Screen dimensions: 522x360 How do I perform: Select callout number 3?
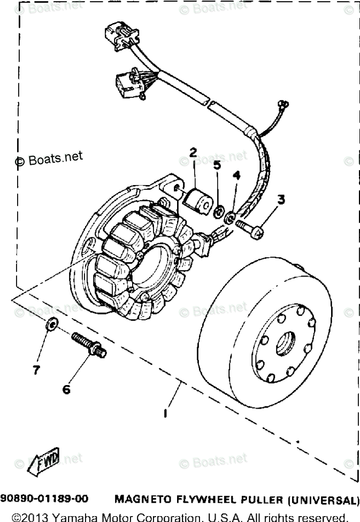point(280,199)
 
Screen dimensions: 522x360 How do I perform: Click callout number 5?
point(217,165)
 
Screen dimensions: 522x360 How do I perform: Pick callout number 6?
point(66,390)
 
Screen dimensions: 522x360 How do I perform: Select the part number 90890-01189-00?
point(44,500)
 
